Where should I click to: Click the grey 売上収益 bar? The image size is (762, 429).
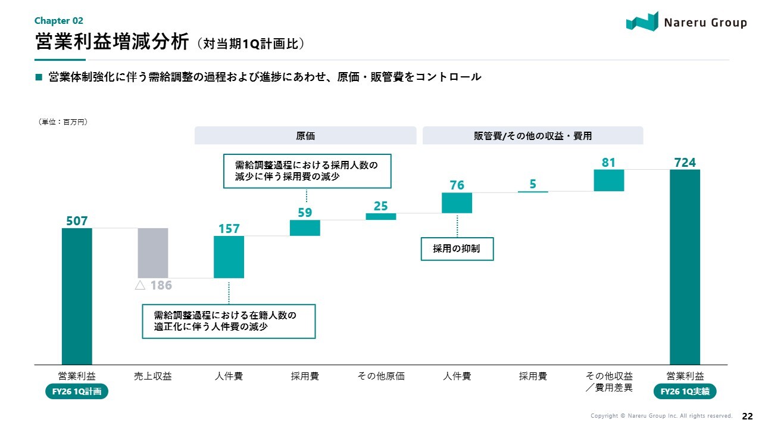click(x=153, y=253)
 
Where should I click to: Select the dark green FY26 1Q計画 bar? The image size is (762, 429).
click(x=77, y=296)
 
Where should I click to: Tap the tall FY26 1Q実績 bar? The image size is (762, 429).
click(x=685, y=267)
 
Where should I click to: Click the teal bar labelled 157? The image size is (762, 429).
click(x=229, y=257)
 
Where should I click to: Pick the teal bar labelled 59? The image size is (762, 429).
click(x=305, y=228)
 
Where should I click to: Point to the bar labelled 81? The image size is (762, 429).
click(x=608, y=181)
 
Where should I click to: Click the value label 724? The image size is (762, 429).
click(x=685, y=163)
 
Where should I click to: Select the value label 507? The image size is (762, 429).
click(x=77, y=221)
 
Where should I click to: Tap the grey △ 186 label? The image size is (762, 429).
click(x=153, y=285)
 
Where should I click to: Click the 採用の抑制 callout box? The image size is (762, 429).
click(x=458, y=248)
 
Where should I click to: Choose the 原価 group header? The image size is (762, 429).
click(x=305, y=136)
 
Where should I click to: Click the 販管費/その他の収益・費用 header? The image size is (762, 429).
click(x=533, y=136)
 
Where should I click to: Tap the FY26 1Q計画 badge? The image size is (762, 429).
click(x=77, y=391)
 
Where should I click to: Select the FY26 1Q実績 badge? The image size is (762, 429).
click(x=685, y=391)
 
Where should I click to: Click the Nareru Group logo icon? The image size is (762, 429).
click(x=642, y=22)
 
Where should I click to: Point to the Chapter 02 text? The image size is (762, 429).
click(x=58, y=20)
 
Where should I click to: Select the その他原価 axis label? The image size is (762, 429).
click(x=381, y=376)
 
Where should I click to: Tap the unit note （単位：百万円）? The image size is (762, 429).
click(x=63, y=122)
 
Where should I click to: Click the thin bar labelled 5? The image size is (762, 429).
click(x=533, y=191)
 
